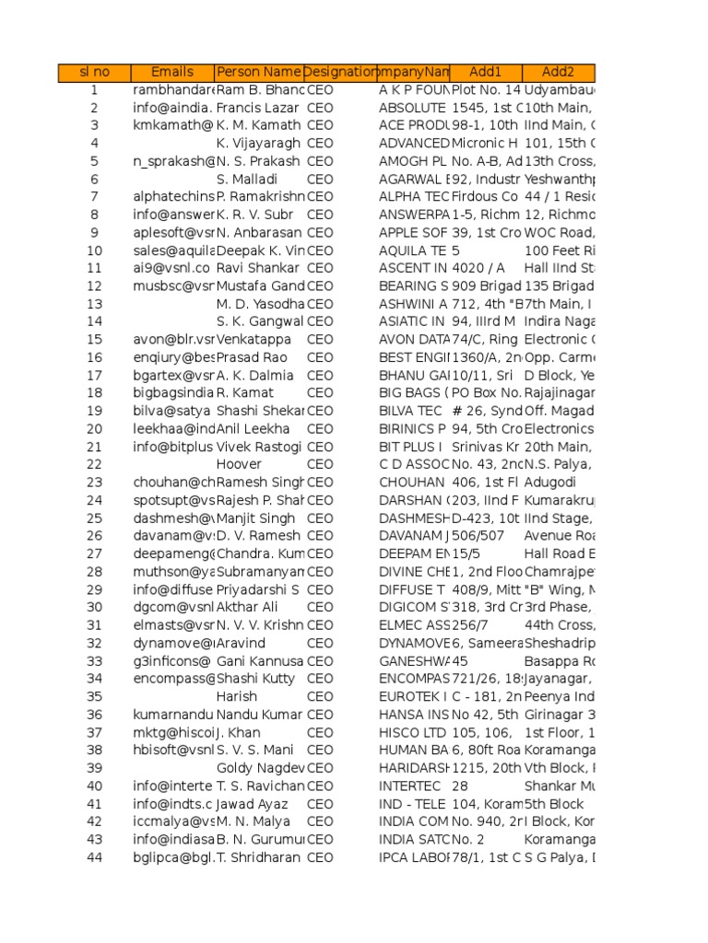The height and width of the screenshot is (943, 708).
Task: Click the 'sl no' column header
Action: pyautogui.click(x=94, y=72)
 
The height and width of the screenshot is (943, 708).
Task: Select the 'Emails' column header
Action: pyautogui.click(x=172, y=72)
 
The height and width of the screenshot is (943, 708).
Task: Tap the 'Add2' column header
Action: pyautogui.click(x=558, y=72)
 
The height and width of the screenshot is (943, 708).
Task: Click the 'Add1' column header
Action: pyautogui.click(x=486, y=72)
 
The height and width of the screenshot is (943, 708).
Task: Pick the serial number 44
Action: pyautogui.click(x=94, y=857)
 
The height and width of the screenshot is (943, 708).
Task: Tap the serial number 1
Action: pyautogui.click(x=94, y=90)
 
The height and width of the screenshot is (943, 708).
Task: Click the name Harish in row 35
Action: pyautogui.click(x=237, y=697)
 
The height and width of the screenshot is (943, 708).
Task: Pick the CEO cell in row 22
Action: pyautogui.click(x=321, y=464)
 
